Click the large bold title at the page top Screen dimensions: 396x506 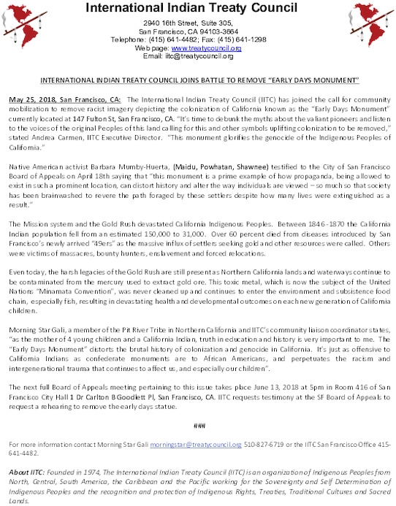click(197, 8)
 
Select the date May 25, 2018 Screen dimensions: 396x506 click(28, 97)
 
